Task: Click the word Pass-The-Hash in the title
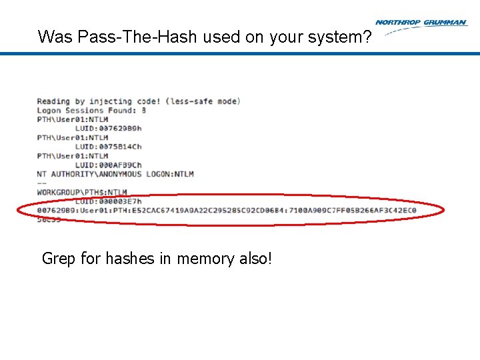point(128,37)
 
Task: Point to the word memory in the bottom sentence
point(208,259)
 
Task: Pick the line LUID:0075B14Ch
point(108,147)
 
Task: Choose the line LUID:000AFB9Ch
point(108,165)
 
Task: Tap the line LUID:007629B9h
point(108,129)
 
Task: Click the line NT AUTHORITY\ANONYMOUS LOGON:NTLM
point(115,174)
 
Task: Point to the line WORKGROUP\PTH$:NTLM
point(82,192)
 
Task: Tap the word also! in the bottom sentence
point(257,258)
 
